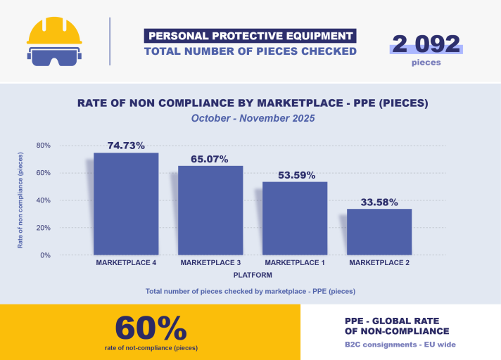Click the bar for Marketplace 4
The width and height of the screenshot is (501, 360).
(126, 204)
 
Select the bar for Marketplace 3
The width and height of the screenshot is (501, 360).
(210, 210)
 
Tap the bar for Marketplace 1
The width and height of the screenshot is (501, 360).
(295, 218)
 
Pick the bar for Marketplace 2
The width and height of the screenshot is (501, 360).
(379, 232)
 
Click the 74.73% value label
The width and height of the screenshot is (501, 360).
(126, 146)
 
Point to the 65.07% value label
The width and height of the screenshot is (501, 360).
(210, 159)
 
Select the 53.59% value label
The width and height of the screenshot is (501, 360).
(295, 175)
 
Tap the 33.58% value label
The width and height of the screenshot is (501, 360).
(379, 202)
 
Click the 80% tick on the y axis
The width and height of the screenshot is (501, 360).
(44, 146)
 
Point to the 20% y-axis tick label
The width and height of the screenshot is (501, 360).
(44, 228)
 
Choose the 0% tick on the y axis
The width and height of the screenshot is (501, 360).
(45, 255)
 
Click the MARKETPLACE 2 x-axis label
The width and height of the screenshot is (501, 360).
(379, 263)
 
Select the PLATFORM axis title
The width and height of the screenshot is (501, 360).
(253, 275)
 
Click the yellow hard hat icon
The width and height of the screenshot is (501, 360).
(53, 31)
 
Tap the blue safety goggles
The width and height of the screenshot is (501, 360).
(53, 56)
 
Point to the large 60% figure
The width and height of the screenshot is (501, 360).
(151, 328)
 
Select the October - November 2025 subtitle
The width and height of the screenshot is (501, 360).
(253, 119)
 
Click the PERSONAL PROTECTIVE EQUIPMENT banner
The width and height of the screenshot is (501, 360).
(250, 36)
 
